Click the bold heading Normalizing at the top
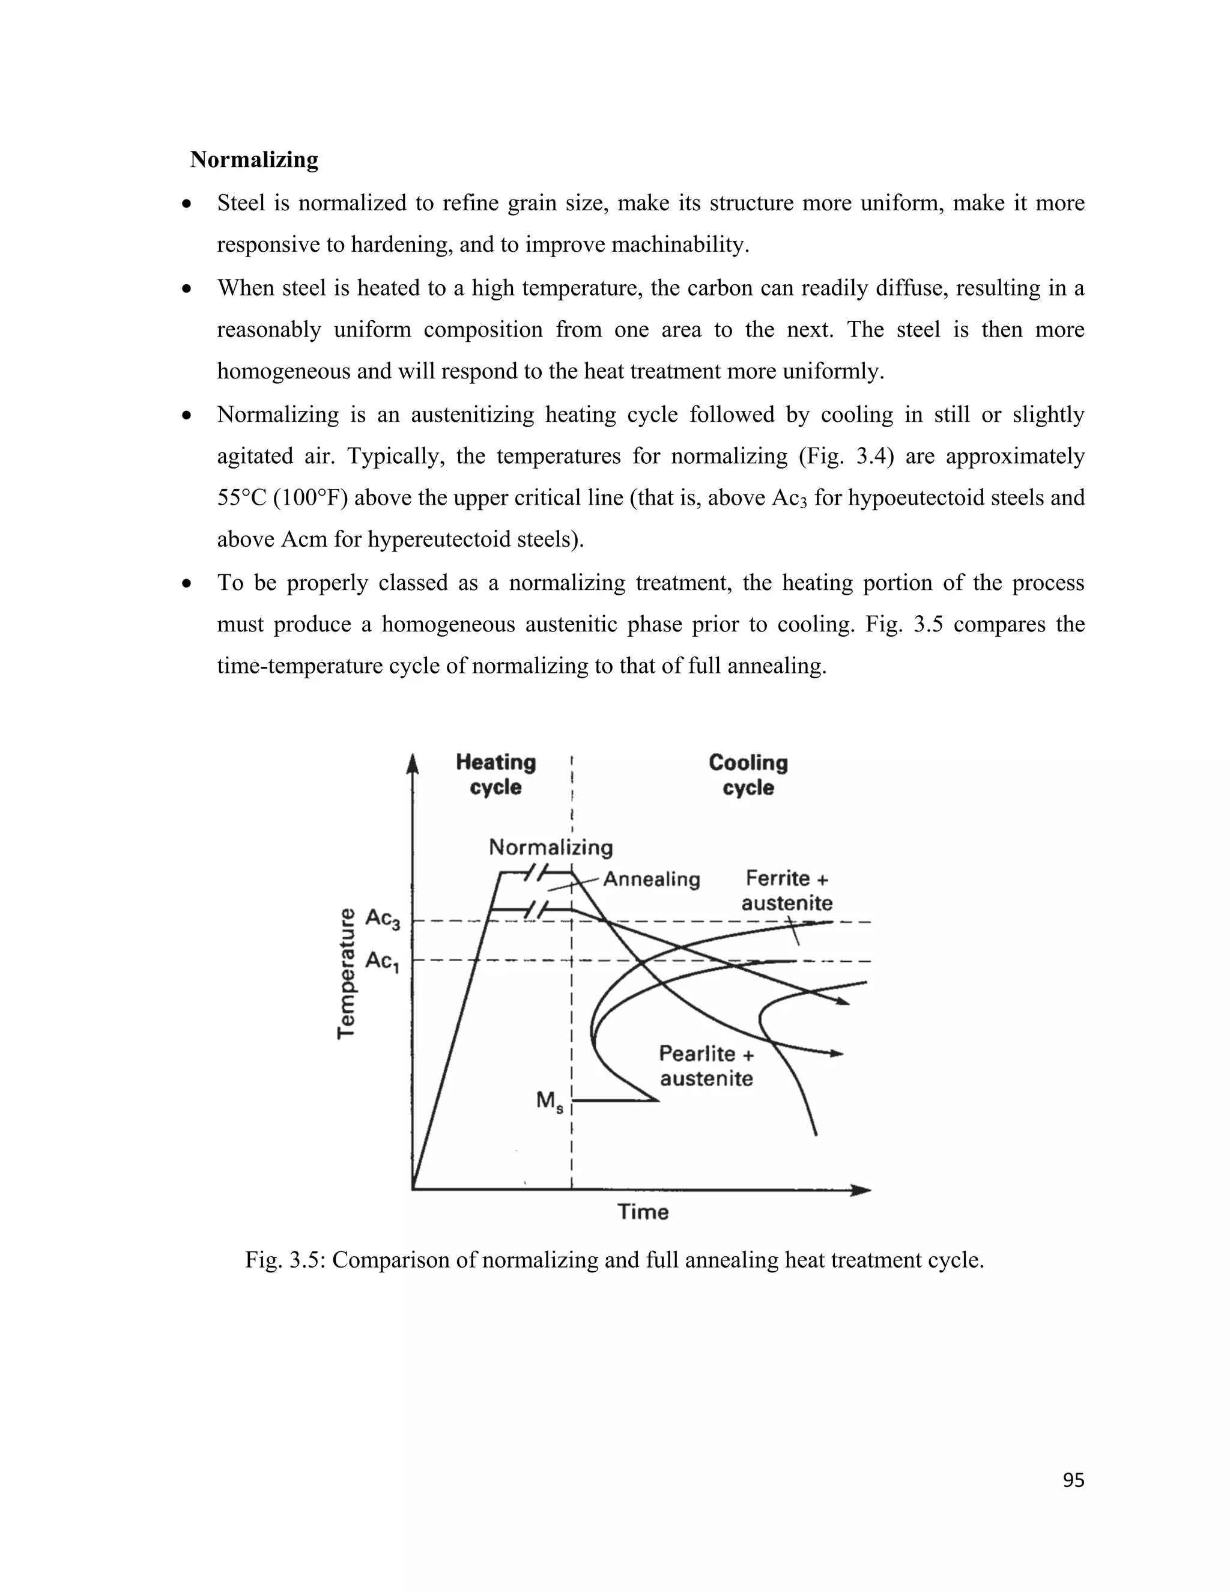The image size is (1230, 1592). (x=253, y=160)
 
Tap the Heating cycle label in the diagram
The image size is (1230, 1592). (x=495, y=775)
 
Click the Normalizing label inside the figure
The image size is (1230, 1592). (x=550, y=847)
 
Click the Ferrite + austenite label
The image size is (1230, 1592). (x=787, y=890)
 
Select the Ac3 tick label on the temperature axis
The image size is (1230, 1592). (x=383, y=919)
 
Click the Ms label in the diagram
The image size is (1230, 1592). (x=550, y=1101)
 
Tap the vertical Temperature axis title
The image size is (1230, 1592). (x=348, y=973)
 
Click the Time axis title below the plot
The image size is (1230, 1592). (x=643, y=1212)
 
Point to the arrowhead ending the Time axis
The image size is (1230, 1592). (x=863, y=1189)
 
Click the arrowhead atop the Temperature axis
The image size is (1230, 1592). (x=413, y=763)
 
